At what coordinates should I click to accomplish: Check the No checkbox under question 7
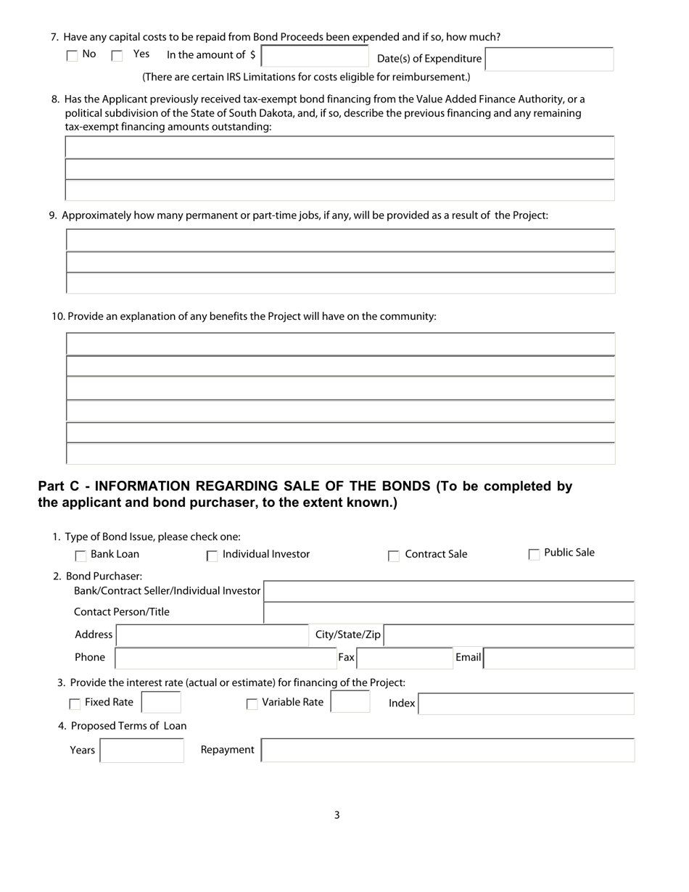point(72,56)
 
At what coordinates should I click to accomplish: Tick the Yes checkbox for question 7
point(117,56)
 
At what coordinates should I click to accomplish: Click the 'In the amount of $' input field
point(315,56)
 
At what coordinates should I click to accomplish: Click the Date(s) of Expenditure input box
point(549,59)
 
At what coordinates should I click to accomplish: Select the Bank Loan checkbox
point(81,556)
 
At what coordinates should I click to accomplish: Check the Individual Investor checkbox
point(213,556)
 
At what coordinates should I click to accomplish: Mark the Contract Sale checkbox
point(394,556)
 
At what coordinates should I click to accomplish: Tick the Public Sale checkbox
point(534,555)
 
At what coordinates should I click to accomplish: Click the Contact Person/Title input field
point(449,613)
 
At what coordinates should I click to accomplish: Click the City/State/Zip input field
point(508,635)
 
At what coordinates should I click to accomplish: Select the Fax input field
point(405,658)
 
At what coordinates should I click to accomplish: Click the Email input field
point(558,658)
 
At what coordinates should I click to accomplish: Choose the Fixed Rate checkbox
point(75,704)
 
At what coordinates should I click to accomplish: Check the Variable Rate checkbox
point(252,704)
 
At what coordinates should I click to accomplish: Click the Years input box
point(142,751)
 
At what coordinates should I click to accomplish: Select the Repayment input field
point(447,751)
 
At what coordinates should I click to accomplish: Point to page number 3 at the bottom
point(337,815)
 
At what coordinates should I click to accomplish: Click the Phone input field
point(226,658)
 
